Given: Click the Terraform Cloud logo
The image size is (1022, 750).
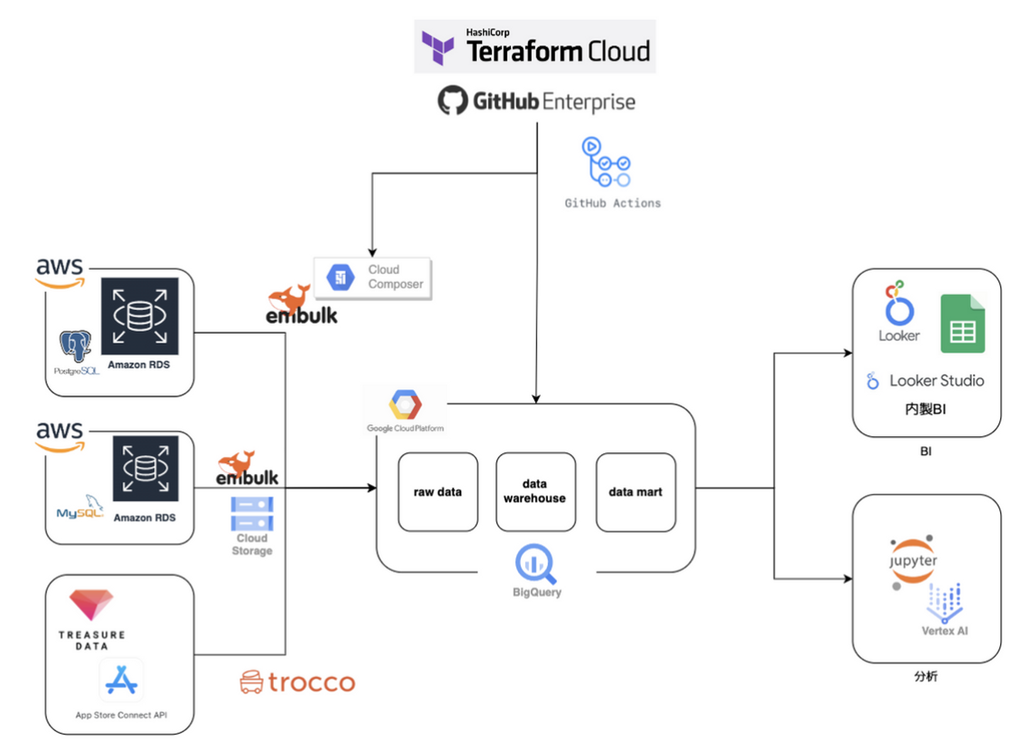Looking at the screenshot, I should (x=534, y=47).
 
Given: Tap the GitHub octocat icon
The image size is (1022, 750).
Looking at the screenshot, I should (x=452, y=101).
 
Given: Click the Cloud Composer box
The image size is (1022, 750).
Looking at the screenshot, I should (x=373, y=277).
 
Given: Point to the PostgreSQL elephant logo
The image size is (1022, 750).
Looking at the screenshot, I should (x=75, y=346).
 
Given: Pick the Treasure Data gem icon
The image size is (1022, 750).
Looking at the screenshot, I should (x=91, y=605).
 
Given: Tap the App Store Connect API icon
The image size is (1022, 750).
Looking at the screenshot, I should (x=121, y=680).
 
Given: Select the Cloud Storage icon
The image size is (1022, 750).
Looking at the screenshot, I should (x=252, y=514).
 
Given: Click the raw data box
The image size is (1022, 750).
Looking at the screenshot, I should (x=438, y=492).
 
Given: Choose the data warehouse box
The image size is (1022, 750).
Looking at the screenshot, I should (x=535, y=492).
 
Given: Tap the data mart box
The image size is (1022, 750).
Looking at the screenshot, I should (x=635, y=492).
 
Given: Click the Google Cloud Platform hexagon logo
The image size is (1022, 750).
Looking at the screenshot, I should (x=405, y=405).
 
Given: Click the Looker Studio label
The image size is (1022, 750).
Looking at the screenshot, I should (x=936, y=381).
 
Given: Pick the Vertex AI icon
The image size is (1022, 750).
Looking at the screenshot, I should (x=945, y=602).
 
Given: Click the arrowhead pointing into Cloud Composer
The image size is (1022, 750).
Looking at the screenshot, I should (x=372, y=253).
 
